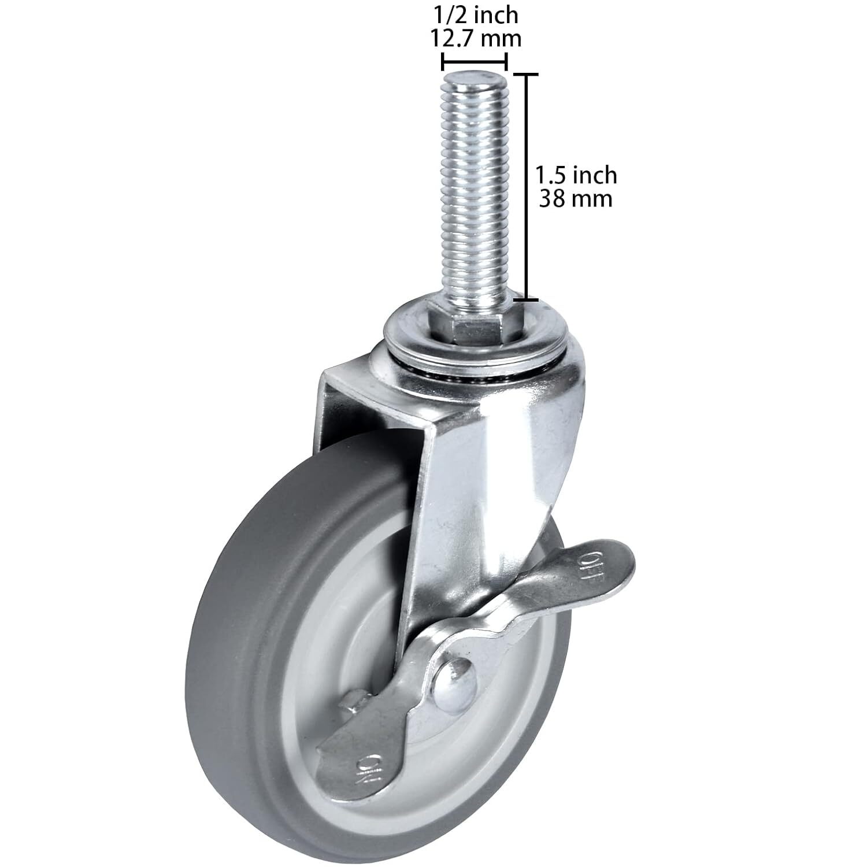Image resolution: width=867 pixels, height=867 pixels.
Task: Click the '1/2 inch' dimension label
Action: click(474, 15)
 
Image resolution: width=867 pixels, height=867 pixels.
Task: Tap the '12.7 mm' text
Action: click(474, 39)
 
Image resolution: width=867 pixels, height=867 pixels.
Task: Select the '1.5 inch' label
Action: click(576, 175)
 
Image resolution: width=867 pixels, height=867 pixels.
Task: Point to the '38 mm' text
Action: click(576, 199)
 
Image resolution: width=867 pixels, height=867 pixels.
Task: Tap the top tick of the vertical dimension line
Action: click(527, 75)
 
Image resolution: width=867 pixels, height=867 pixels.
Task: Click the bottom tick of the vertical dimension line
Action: click(527, 299)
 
